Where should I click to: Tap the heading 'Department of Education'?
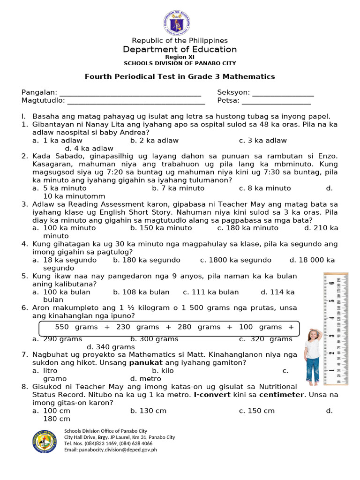pos(180,49)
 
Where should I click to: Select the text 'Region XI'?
pos(180,57)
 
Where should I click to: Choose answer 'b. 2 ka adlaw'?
pos(154,140)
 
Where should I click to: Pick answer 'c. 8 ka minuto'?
pos(264,188)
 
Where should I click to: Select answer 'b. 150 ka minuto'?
pos(161,228)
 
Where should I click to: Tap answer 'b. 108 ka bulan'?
pos(141,292)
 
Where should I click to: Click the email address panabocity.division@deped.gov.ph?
pos(110,450)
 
